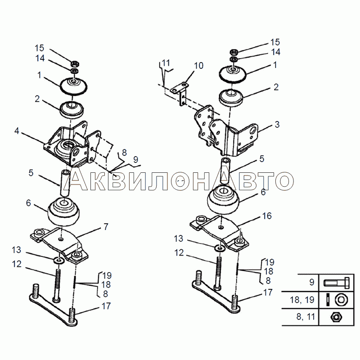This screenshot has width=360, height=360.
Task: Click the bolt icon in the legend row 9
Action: point(337,283)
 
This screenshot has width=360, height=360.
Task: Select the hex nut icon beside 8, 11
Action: point(336,317)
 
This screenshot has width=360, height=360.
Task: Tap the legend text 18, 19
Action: point(302,300)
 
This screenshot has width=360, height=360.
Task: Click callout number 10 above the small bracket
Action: point(199,66)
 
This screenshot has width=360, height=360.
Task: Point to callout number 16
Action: point(267,216)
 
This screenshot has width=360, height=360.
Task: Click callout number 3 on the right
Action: point(277,125)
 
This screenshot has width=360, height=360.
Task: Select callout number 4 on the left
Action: point(17,131)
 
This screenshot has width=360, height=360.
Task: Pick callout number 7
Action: point(106,227)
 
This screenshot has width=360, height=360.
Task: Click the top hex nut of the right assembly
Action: point(234,52)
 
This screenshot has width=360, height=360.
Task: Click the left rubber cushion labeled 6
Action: point(63,212)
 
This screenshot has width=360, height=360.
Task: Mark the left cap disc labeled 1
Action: point(73,86)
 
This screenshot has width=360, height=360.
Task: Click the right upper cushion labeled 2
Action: point(231,98)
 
